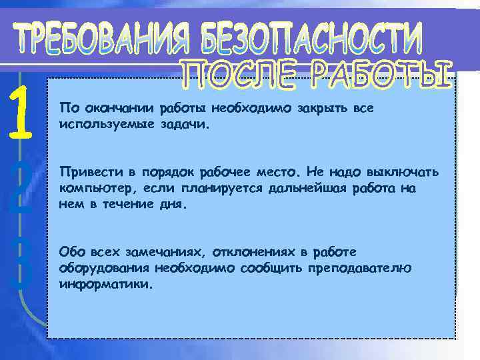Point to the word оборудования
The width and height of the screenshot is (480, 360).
(x=103, y=268)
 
